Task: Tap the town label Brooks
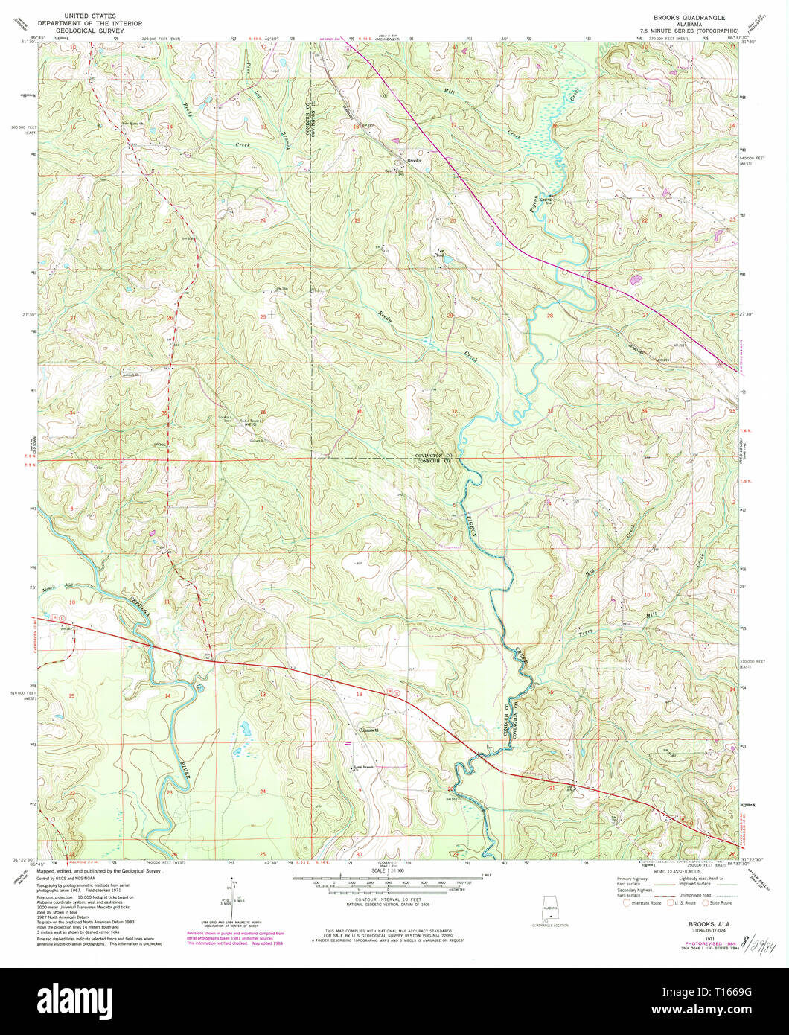coord(414,161)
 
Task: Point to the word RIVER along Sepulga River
coord(183,768)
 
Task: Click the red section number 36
coord(263,413)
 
